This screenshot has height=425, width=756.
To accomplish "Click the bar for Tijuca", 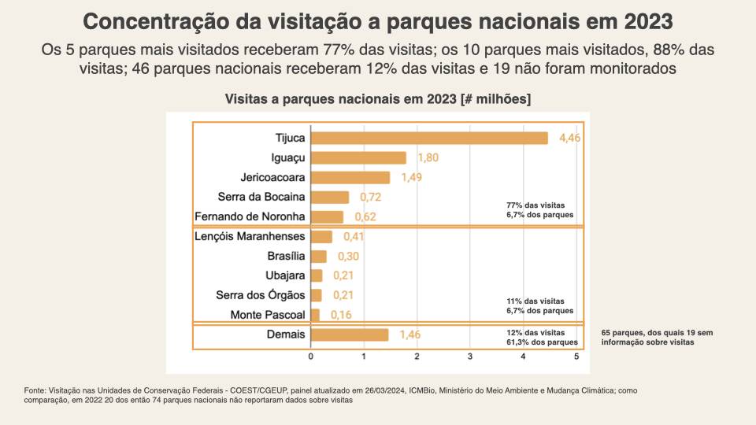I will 429,138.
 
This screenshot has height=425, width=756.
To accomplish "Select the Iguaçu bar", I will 358,157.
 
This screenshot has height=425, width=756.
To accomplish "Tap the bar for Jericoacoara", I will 350,177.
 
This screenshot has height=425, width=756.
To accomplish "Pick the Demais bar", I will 350,334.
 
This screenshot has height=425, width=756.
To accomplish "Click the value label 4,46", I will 569,138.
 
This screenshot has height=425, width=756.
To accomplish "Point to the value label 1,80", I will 428,157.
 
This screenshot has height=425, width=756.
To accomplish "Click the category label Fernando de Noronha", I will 250,216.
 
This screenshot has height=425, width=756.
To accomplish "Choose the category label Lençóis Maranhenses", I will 249,236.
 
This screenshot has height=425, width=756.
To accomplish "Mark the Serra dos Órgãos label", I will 261,295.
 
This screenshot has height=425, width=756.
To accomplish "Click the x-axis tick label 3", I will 470,357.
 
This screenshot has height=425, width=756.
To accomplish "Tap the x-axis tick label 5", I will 576,357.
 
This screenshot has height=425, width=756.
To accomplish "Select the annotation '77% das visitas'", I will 535,205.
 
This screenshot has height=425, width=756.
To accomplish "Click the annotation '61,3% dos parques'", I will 543,342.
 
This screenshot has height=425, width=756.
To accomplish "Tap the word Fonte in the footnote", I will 35,390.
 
